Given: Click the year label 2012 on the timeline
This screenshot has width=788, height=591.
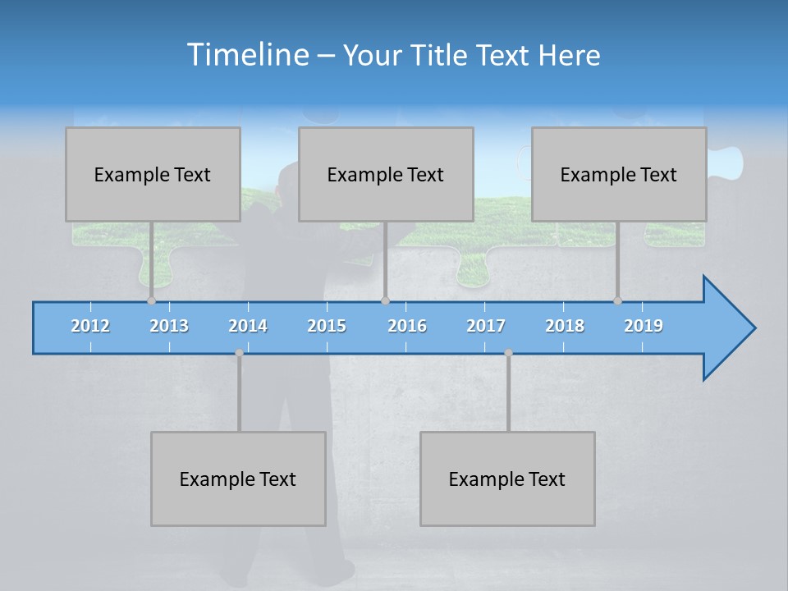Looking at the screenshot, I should pyautogui.click(x=90, y=326).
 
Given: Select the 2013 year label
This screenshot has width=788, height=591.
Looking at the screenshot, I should pyautogui.click(x=169, y=326).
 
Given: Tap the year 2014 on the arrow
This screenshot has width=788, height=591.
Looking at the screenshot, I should pyautogui.click(x=248, y=326).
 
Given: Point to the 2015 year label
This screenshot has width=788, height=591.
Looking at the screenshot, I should pyautogui.click(x=327, y=326).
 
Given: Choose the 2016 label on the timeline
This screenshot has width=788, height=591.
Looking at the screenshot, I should pyautogui.click(x=407, y=326).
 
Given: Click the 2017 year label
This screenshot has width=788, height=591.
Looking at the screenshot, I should pyautogui.click(x=486, y=326).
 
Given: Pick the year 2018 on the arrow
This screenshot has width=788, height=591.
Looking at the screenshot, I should pyautogui.click(x=565, y=326).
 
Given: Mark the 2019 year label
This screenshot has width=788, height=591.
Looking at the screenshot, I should pyautogui.click(x=644, y=326).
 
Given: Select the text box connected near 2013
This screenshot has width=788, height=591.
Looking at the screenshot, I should pyautogui.click(x=153, y=174).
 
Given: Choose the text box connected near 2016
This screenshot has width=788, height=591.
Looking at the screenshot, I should pyautogui.click(x=386, y=174).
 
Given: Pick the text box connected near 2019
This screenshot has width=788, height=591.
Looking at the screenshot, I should pyautogui.click(x=619, y=174).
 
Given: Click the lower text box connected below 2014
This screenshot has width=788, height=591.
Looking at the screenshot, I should pyautogui.click(x=238, y=479).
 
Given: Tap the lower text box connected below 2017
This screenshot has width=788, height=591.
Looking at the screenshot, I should pyautogui.click(x=507, y=479).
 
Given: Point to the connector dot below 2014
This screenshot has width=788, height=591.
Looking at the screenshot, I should pyautogui.click(x=239, y=353).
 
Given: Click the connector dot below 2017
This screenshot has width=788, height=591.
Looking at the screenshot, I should pyautogui.click(x=508, y=353).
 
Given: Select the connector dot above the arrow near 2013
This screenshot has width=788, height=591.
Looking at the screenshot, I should pyautogui.click(x=151, y=300).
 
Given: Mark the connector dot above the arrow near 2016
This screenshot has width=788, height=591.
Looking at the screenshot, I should pyautogui.click(x=385, y=300).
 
